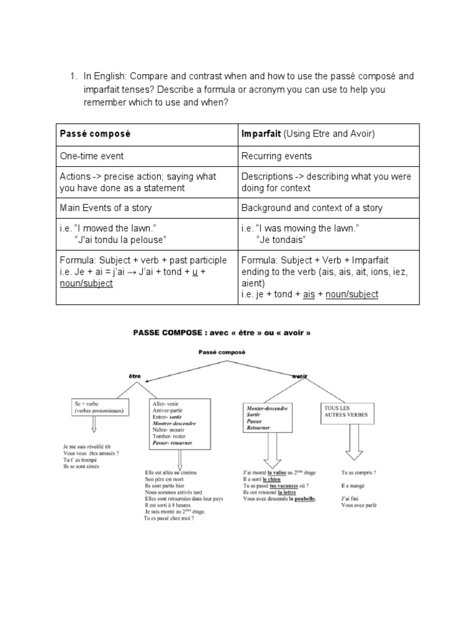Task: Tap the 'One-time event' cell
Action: click(x=92, y=156)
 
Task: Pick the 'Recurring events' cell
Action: click(x=276, y=156)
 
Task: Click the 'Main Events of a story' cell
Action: click(x=106, y=208)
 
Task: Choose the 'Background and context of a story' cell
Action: click(x=312, y=208)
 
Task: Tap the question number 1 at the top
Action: click(x=72, y=76)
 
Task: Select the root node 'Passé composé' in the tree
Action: click(x=222, y=352)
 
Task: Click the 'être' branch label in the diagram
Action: click(x=135, y=375)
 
